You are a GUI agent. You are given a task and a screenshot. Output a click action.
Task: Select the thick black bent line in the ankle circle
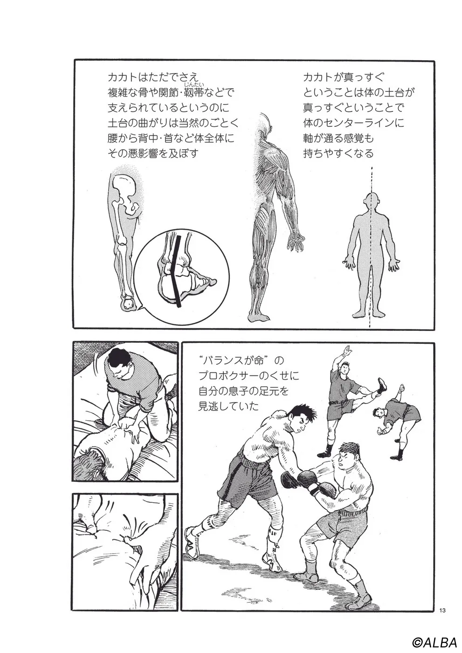[x=176, y=271]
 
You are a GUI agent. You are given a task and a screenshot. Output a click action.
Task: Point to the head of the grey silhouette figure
[x=371, y=203]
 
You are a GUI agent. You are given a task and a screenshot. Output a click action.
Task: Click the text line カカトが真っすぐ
[x=344, y=77]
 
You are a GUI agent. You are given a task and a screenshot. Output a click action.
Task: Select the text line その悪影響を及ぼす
[x=153, y=153]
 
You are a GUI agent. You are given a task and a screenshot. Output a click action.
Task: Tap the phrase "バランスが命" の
[x=241, y=361]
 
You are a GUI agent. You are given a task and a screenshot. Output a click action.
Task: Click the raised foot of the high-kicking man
[x=382, y=385]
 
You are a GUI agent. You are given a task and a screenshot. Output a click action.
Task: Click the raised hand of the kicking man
[x=346, y=349]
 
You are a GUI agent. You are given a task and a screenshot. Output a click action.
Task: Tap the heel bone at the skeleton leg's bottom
[x=128, y=304]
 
